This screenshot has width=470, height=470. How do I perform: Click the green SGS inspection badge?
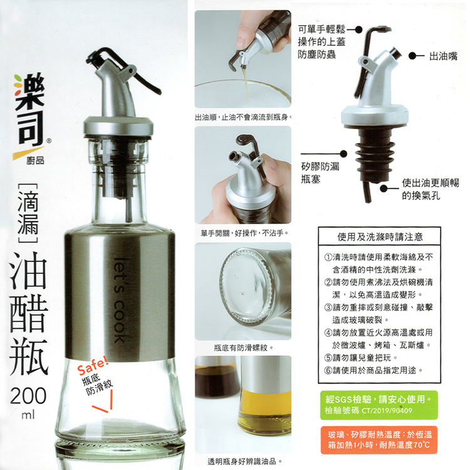tap(379, 404)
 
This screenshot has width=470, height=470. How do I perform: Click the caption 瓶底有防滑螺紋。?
tap(243, 346)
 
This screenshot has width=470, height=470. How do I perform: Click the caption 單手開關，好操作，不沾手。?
tap(243, 232)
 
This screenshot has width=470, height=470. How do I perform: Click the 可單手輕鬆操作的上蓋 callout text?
tap(320, 41)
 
